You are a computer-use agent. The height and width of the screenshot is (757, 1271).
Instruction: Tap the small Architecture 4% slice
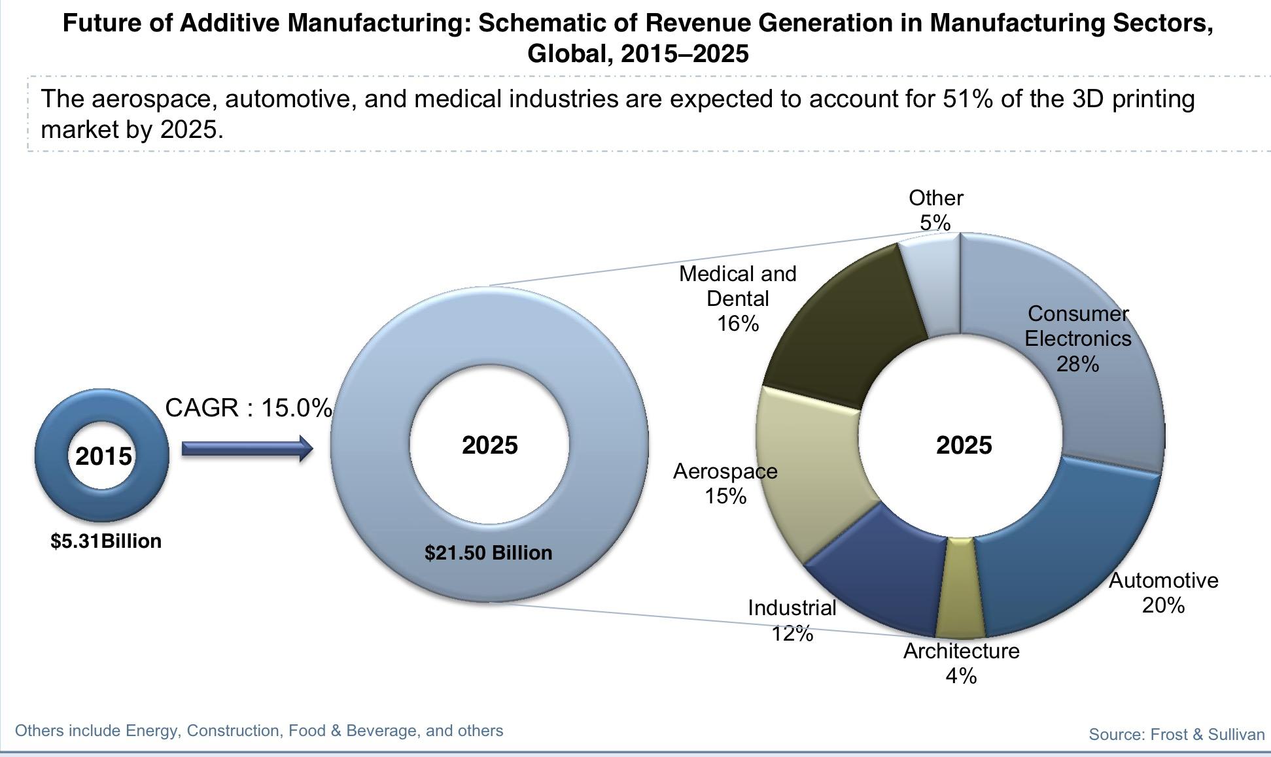960,588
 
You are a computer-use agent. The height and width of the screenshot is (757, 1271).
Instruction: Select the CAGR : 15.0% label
249,408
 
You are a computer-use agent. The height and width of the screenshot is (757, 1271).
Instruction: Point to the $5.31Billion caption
106,541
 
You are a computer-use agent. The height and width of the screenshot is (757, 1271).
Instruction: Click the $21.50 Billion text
488,553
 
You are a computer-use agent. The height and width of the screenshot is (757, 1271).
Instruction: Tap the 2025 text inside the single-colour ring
489,445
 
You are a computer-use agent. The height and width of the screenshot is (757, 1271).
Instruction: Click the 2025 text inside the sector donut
964,445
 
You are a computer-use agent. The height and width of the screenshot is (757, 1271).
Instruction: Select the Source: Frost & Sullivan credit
1176,734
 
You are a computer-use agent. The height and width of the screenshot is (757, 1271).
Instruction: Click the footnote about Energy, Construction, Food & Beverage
259,730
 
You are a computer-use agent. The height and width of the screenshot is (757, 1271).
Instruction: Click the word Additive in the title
230,24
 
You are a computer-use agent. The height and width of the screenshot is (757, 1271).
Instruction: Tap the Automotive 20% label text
1163,592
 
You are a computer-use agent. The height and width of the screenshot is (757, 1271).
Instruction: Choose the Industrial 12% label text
792,620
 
